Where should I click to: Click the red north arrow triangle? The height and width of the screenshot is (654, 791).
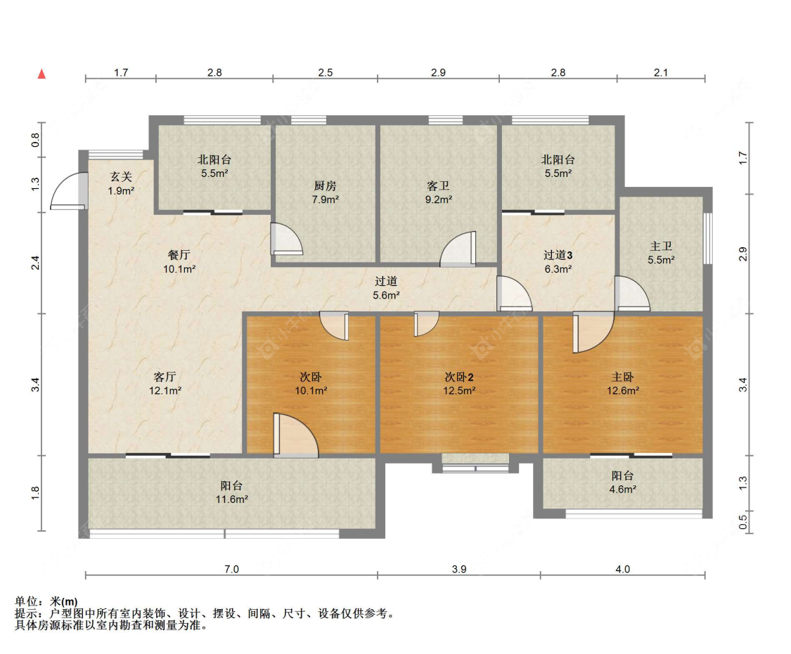(42, 74)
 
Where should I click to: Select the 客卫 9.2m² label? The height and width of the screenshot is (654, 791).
(438, 192)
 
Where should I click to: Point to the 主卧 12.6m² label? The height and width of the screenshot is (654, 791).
(623, 384)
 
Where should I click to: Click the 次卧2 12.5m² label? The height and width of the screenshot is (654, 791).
(459, 384)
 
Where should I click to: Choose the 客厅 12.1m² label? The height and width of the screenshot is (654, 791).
(165, 384)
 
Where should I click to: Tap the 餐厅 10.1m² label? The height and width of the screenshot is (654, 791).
(179, 262)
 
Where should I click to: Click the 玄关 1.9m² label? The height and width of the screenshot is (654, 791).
(121, 183)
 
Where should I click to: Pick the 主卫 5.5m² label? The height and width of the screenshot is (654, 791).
(661, 253)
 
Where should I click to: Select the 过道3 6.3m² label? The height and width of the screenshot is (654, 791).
(558, 262)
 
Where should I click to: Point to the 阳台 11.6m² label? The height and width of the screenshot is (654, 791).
(231, 492)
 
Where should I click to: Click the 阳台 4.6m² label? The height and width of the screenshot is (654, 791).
(623, 482)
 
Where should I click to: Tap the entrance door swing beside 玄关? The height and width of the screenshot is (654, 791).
(69, 191)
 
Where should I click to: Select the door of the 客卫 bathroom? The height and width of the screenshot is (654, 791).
(458, 249)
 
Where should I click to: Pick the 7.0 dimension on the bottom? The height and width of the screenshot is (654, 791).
(231, 569)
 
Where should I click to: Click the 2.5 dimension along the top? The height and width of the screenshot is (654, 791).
(326, 72)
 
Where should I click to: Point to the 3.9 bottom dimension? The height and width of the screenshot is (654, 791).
(459, 569)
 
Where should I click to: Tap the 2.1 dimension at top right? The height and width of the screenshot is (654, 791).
(661, 72)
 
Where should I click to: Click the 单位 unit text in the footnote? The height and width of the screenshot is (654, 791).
(27, 601)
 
